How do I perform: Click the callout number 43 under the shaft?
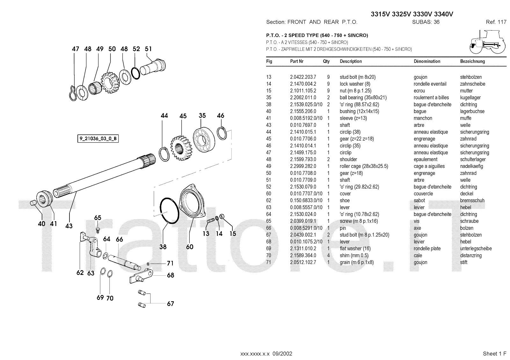(69, 226)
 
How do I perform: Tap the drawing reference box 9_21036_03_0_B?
(98, 139)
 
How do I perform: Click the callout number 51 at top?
(148, 49)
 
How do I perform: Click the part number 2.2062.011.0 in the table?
(303, 98)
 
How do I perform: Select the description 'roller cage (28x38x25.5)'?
(364, 166)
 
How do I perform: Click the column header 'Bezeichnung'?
(472, 61)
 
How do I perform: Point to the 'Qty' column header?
(326, 61)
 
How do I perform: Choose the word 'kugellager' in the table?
(470, 98)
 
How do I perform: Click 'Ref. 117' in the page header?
(496, 22)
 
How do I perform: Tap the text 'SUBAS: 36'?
(426, 22)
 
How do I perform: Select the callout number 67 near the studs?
(171, 304)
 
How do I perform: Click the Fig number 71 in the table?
(269, 262)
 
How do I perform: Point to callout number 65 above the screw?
(98, 218)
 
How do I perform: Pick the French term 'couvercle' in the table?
(423, 194)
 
